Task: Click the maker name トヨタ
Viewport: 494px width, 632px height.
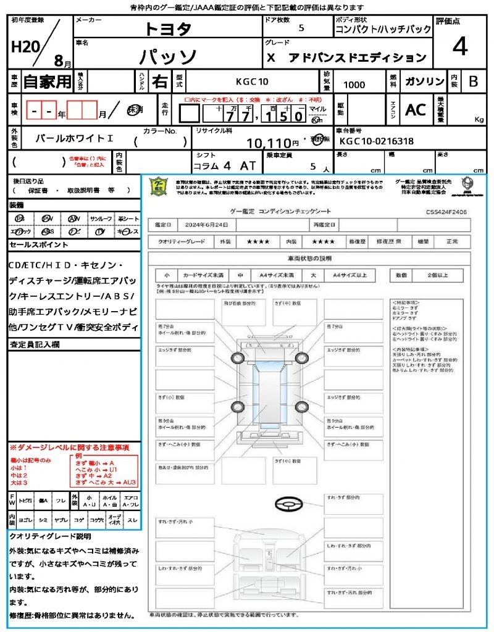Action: point(168,28)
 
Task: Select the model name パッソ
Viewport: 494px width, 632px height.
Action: point(168,57)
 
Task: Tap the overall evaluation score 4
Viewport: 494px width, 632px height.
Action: point(459,47)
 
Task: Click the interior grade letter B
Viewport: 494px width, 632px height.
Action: point(472,81)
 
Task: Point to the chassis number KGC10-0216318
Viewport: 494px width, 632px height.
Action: point(376,141)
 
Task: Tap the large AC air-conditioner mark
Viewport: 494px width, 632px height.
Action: point(416,110)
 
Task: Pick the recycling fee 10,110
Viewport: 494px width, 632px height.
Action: point(272,144)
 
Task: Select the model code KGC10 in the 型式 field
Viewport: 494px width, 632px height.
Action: point(252,81)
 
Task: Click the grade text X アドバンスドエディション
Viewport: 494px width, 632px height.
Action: point(346,57)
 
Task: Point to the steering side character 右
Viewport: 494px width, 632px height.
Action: point(159,81)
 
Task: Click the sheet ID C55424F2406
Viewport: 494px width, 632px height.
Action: point(446,212)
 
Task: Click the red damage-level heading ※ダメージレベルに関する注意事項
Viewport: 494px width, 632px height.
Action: point(69,447)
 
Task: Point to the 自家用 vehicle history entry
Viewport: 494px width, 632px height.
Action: point(47,81)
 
